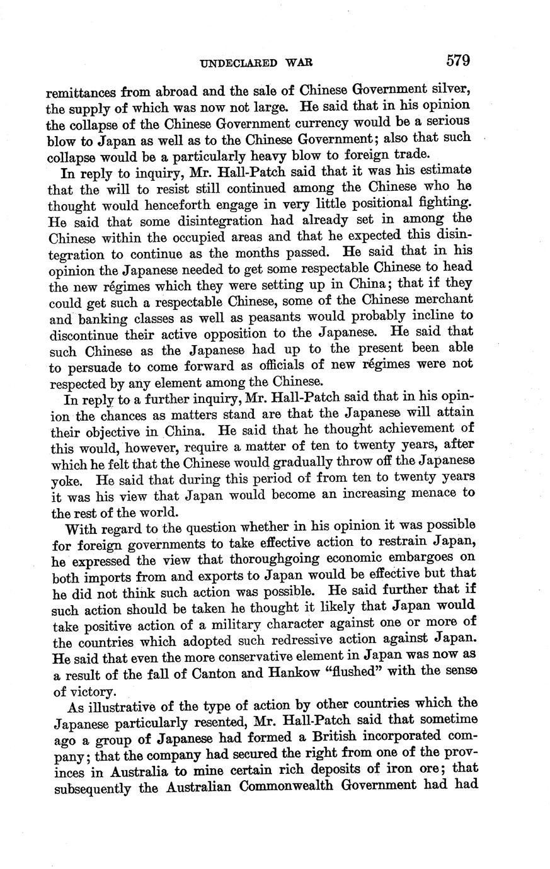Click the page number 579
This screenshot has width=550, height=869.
click(x=458, y=60)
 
